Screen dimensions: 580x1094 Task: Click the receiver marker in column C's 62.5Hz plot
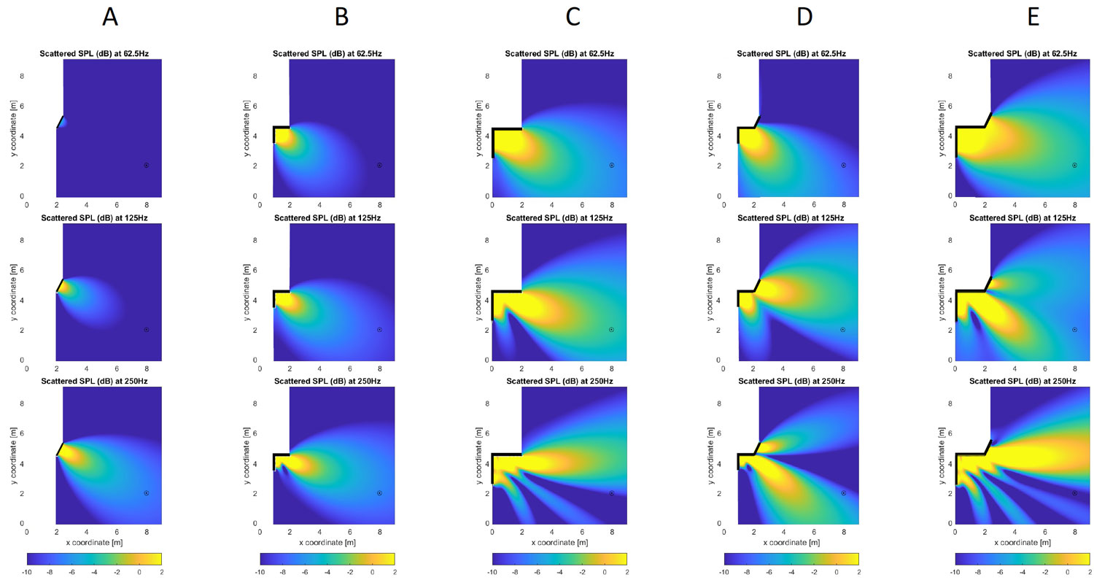tap(612, 165)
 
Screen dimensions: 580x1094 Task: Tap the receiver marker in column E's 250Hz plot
tap(1074, 493)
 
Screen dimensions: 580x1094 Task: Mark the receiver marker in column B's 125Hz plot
tap(379, 330)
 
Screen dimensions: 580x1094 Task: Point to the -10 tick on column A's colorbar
tap(27, 572)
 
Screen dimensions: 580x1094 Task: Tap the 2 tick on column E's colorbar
tap(1090, 572)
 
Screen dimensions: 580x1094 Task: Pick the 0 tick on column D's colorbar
tap(836, 572)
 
